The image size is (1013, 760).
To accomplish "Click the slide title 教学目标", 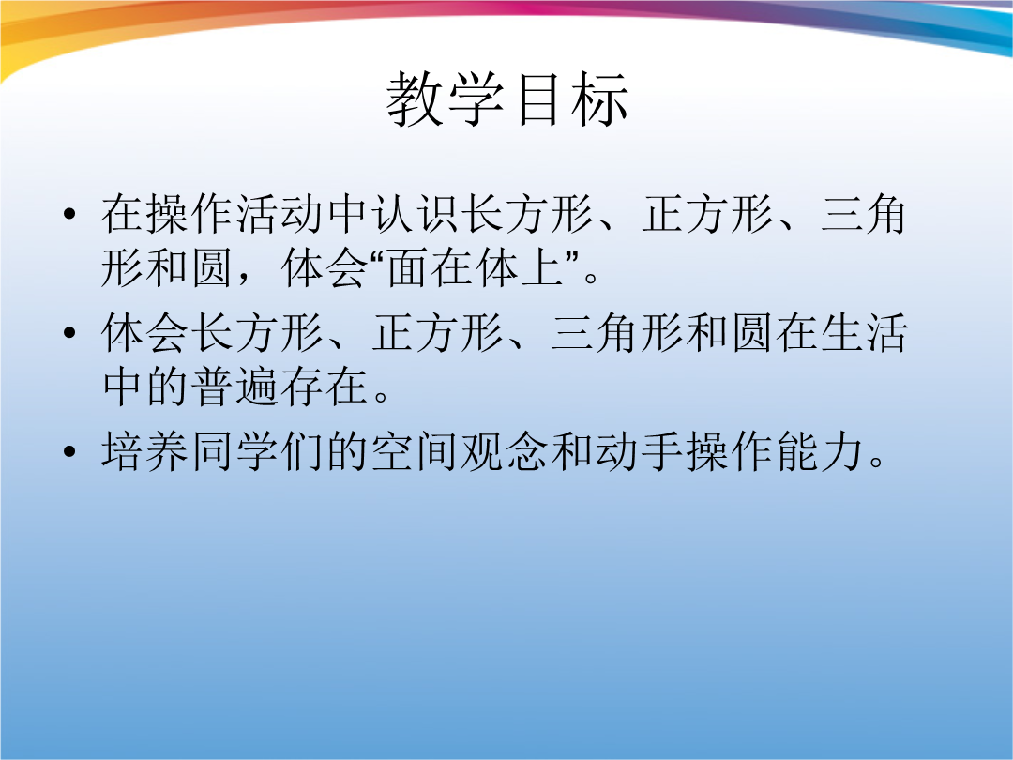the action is tap(507, 99).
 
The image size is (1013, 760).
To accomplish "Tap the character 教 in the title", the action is tap(416, 99).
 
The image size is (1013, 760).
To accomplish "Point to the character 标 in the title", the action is tap(598, 99).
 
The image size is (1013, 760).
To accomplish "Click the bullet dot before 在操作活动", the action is tap(69, 214).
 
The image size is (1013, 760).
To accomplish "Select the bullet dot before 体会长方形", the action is tap(69, 333).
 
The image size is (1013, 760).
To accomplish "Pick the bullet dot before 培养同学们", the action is tap(69, 451).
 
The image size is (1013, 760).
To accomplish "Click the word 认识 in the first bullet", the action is tap(416, 214).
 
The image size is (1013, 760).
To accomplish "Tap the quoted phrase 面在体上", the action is tap(475, 268).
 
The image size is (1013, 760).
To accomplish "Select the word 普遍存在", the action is tap(258, 388).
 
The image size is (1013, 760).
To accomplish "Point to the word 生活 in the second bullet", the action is tap(863, 333).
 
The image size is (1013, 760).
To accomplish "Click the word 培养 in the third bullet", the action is tap(145, 451).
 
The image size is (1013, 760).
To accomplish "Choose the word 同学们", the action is tap(257, 451).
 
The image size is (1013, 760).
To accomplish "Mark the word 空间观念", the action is tap(460, 451).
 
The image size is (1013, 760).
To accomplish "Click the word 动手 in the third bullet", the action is tap(640, 451).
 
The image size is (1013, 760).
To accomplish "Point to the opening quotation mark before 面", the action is tap(377, 257).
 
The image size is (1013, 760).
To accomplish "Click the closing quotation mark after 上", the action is tap(572, 257).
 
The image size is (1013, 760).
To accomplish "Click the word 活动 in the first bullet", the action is tap(281, 214).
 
